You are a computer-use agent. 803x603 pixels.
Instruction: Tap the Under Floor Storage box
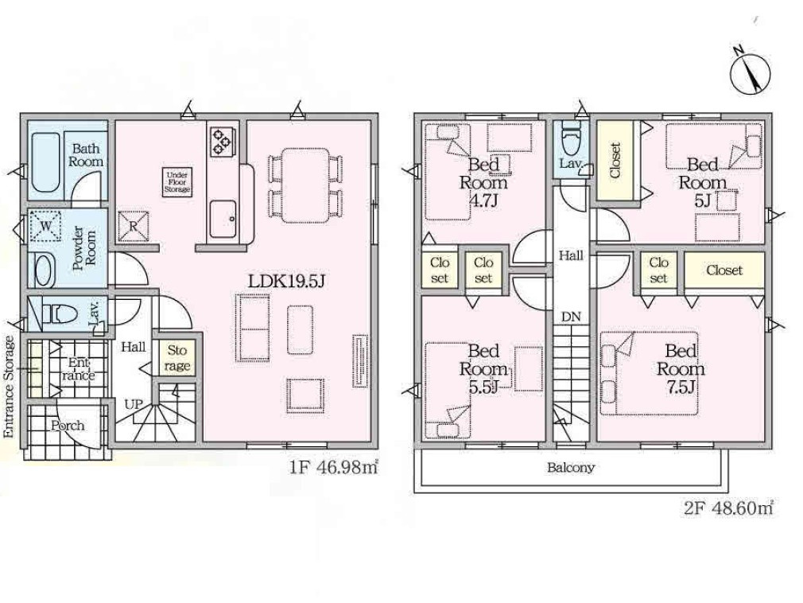coord(177,182)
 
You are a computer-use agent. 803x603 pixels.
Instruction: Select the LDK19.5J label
coord(287,281)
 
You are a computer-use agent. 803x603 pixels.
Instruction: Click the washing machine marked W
coord(45,225)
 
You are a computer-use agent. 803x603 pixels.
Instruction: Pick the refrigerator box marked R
coord(133,226)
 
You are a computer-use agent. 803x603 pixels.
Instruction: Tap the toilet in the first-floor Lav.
coord(59,313)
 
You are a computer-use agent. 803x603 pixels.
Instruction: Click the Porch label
coord(68,426)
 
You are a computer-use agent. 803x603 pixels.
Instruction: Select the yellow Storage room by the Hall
coord(177,358)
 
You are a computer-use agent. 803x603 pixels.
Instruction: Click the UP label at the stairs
coord(134,404)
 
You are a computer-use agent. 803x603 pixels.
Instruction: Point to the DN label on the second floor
coord(571,317)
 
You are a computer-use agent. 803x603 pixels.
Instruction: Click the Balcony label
coord(571,467)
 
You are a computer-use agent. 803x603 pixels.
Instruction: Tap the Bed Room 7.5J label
coord(681,369)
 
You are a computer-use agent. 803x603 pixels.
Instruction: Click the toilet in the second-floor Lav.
coord(569,138)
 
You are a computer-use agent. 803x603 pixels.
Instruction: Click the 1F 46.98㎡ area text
coord(334,468)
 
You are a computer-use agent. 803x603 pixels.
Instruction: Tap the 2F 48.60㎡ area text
coord(728,508)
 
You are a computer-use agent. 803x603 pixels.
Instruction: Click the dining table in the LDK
coord(305,185)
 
